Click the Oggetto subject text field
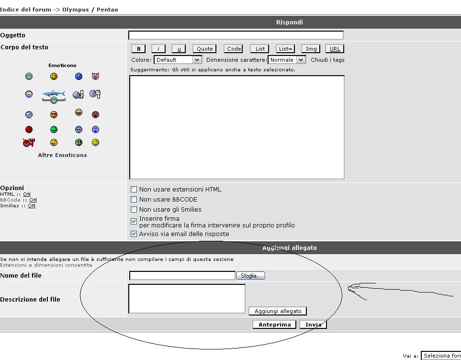tap(236, 35)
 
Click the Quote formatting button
tap(204, 49)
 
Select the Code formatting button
tap(234, 49)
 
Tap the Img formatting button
tap(311, 49)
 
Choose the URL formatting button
tap(335, 49)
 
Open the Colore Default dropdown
tap(178, 60)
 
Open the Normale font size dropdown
tap(287, 60)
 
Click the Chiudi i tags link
tap(327, 60)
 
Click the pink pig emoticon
tap(96, 77)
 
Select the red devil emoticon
tap(29, 143)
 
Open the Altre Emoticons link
tap(62, 155)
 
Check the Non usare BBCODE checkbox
tap(134, 200)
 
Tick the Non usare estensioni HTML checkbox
tap(134, 190)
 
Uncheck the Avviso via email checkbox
tap(134, 234)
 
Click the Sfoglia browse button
tap(250, 276)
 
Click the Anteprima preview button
tap(274, 325)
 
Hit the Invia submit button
tap(313, 325)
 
